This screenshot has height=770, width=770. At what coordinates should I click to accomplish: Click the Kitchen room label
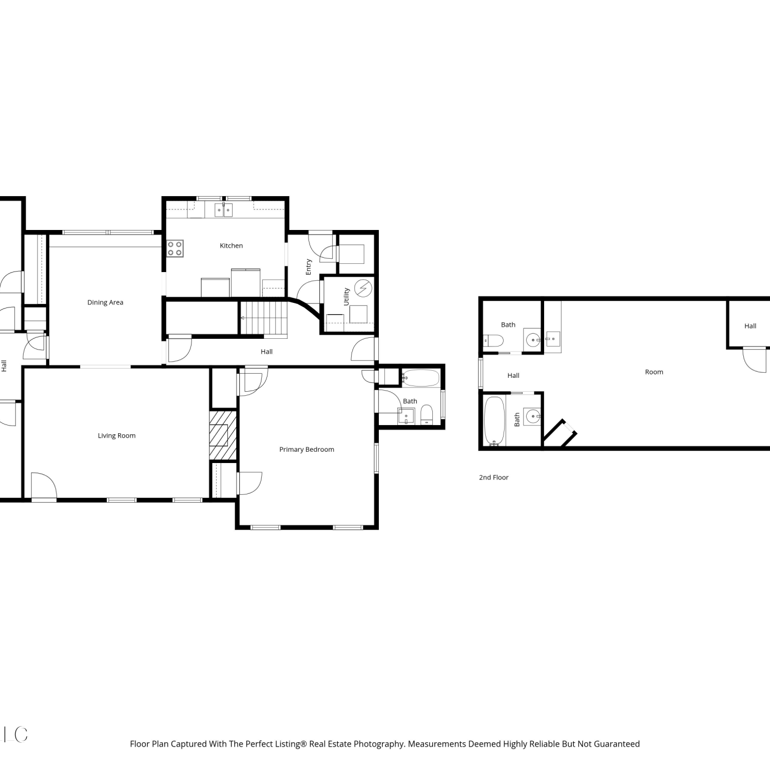click(231, 246)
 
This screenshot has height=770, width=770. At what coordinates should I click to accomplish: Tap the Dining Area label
click(105, 302)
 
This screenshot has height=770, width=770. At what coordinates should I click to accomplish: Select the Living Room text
click(117, 436)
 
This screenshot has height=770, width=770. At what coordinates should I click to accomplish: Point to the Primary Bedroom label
click(306, 450)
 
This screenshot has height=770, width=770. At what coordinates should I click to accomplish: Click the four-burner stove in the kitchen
click(175, 248)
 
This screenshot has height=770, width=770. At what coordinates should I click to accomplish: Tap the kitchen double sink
click(224, 210)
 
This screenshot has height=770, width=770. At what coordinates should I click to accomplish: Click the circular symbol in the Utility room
click(363, 288)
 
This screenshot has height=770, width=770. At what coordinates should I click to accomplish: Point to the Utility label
click(346, 297)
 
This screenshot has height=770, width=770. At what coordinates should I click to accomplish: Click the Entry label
click(309, 267)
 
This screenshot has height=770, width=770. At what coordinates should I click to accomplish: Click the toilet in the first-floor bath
click(427, 415)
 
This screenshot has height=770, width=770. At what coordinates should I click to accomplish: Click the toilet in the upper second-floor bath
click(493, 341)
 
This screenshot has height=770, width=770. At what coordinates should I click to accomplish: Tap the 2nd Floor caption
click(494, 477)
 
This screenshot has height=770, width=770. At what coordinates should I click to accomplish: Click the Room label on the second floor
click(654, 372)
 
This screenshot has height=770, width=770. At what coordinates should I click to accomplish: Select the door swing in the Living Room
click(43, 485)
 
